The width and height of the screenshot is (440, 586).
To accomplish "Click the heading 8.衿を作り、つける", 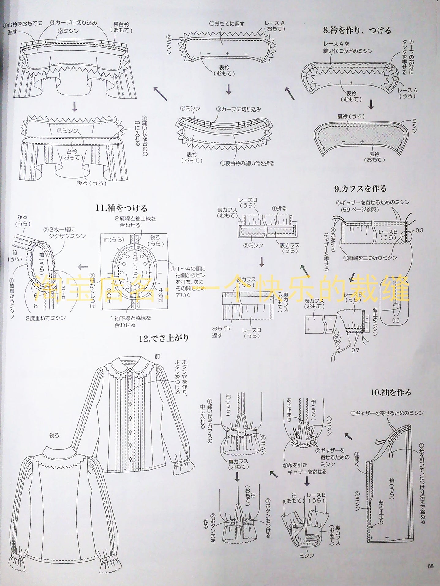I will coord(357,30).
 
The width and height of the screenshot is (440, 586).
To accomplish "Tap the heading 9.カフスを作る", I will coord(360,188).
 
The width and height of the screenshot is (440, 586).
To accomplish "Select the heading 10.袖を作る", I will coord(390,392).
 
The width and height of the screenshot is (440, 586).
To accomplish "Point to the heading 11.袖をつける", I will coord(122,208).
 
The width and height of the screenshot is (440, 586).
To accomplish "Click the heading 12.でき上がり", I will coord(164,338).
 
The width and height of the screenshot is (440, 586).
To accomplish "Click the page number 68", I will coord(430,566).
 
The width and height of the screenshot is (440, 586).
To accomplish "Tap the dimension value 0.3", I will coord(419,230).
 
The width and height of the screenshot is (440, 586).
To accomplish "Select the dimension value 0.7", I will coord(355,350).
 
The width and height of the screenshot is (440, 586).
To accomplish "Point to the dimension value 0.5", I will coord(396,320).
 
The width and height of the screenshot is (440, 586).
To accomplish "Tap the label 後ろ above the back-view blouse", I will coord(54,435).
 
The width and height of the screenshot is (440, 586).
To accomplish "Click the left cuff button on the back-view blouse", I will coord(21,550).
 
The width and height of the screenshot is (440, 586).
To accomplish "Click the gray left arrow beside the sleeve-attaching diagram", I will coord(83,267).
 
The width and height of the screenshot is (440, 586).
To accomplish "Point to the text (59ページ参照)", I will coord(360,210).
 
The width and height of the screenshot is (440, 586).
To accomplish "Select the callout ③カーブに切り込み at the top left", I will coord(73,23).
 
